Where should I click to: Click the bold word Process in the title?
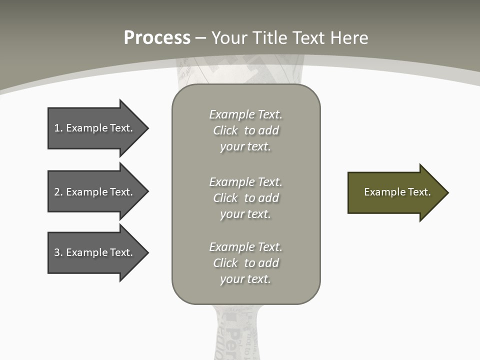(157, 38)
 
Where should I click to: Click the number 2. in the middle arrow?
(58, 192)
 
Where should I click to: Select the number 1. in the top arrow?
(58, 128)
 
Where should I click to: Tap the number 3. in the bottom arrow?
(58, 252)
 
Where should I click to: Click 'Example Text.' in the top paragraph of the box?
(245, 114)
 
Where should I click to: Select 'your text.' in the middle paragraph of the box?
(245, 214)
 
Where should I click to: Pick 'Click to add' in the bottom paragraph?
(245, 263)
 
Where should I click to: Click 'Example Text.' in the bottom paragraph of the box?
(245, 247)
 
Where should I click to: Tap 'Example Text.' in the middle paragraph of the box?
(245, 182)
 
